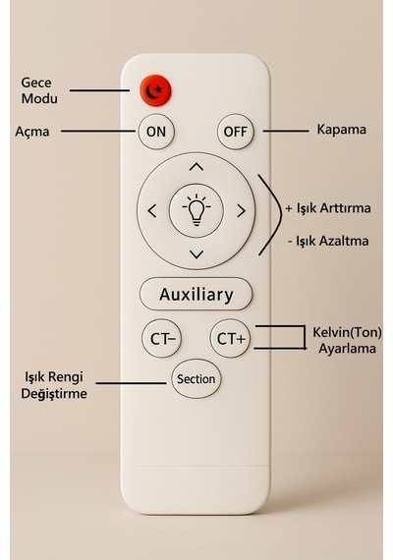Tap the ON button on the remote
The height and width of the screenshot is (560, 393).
[x=156, y=132]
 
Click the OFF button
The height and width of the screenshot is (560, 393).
[x=236, y=132]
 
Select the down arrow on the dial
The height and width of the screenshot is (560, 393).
[x=196, y=254]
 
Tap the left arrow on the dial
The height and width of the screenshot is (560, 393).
[x=152, y=211]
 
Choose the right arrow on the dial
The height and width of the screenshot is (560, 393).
[x=241, y=211]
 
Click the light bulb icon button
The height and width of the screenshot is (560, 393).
[x=196, y=210]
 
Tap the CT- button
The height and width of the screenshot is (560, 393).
[x=161, y=338]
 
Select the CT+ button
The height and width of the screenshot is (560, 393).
[x=231, y=338]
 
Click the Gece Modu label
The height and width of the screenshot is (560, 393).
[x=39, y=90]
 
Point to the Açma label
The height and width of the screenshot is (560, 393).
[x=32, y=132]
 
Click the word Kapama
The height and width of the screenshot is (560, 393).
[x=342, y=130]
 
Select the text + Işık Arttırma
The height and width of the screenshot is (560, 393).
[x=328, y=208]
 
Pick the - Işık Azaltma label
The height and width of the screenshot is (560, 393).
[x=328, y=241]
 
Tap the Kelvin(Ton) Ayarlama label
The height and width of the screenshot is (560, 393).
[x=347, y=340]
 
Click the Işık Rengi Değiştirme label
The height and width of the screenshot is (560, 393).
[x=54, y=385]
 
